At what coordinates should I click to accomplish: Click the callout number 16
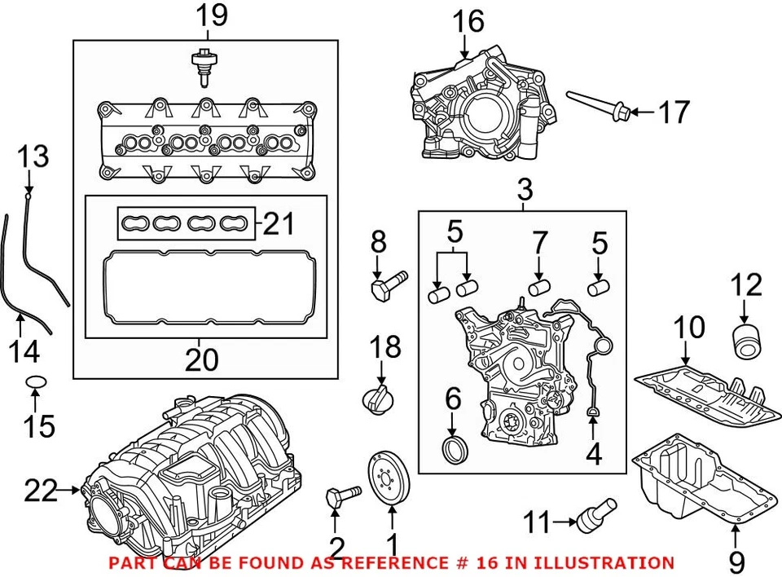point(468,22)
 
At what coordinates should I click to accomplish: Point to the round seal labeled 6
point(455,449)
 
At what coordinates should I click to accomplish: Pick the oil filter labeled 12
point(746,340)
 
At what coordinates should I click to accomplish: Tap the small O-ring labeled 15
point(34,381)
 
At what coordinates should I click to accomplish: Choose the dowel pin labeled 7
point(539,288)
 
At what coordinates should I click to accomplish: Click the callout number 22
point(41,491)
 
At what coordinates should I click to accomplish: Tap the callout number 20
point(202,359)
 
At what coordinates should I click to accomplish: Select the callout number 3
point(525,190)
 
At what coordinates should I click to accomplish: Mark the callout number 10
point(688,328)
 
